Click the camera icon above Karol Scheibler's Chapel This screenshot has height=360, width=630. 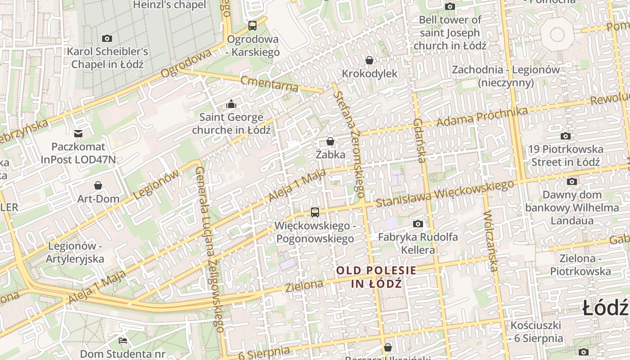(x=107, y=38)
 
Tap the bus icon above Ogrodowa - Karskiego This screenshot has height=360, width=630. (x=252, y=26)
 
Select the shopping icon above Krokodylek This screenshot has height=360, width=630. (x=369, y=60)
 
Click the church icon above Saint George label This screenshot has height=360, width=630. (x=231, y=104)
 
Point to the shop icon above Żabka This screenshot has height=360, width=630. (x=330, y=141)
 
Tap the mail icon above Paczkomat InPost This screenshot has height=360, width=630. (x=78, y=133)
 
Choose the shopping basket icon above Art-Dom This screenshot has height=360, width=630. (x=98, y=185)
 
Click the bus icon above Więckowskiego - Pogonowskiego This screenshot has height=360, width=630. (x=315, y=212)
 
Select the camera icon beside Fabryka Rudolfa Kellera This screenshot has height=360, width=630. (x=418, y=224)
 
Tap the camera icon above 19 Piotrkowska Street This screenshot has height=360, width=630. (x=566, y=136)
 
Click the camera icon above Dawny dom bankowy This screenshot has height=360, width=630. (x=572, y=181)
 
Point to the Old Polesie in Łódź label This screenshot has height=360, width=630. (x=376, y=277)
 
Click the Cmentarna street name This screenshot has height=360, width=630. (x=269, y=83)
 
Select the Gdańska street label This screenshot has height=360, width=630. (x=419, y=140)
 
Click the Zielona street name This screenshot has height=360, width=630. (x=304, y=285)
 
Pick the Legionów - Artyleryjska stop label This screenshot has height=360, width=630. (x=76, y=252)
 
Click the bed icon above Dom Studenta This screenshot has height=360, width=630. (x=122, y=340)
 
